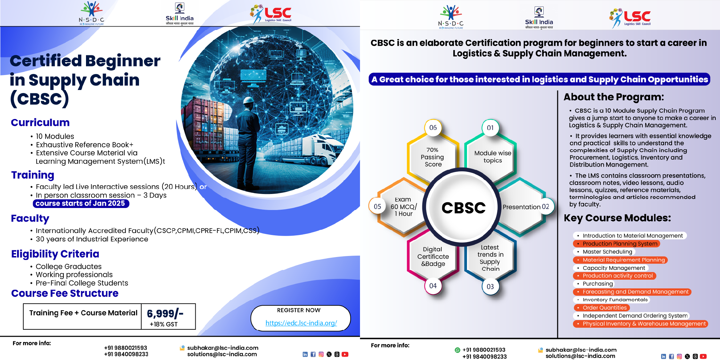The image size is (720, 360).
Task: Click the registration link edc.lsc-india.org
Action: coord(301,323)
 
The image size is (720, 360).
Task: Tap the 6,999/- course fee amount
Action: coord(165,314)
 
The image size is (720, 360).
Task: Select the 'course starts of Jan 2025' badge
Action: coord(81,203)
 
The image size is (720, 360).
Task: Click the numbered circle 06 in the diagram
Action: coord(433,128)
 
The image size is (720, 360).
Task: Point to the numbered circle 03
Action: coord(490,286)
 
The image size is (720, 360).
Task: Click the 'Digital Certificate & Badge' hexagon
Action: coord(433,256)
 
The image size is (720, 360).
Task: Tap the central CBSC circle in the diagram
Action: coord(463,207)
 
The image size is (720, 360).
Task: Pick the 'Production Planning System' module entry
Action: coord(616,244)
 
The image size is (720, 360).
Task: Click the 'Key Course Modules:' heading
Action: coord(617,218)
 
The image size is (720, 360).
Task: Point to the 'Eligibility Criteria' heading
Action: coord(55,254)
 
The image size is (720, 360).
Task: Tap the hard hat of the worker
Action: coord(250,100)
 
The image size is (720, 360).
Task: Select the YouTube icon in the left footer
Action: coord(345,354)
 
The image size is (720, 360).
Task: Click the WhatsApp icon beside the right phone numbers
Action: coord(457,350)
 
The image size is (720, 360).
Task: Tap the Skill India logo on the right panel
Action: coord(539,18)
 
